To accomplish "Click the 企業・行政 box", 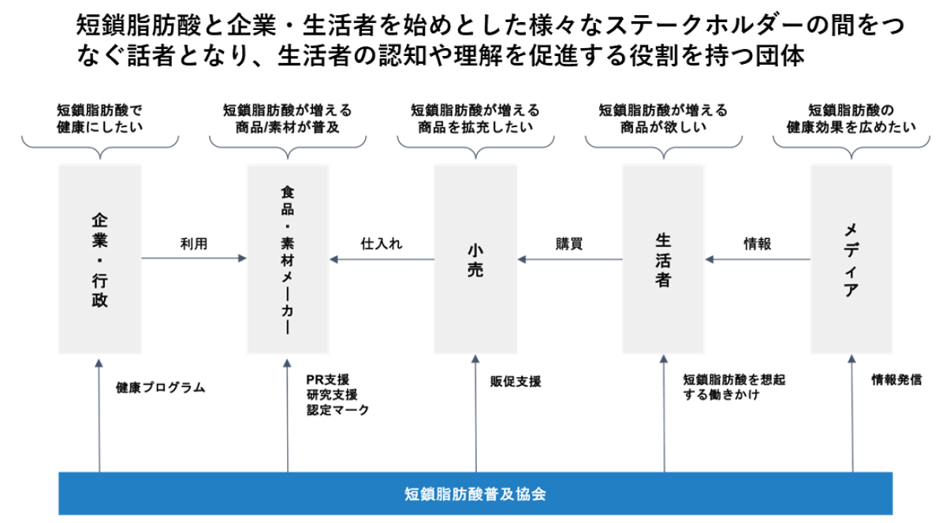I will (100, 259).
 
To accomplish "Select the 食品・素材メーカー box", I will (288, 259).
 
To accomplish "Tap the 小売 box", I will (475, 259).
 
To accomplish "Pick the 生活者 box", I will (663, 259).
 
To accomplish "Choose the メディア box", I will (851, 259).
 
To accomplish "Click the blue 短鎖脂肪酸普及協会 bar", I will (475, 495).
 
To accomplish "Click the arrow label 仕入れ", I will (382, 244).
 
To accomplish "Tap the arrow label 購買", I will (569, 244).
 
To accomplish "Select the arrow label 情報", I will (758, 244).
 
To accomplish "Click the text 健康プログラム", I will (160, 387).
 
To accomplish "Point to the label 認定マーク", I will (337, 410).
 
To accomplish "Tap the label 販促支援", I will (516, 381).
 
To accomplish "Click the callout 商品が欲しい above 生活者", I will (663, 126).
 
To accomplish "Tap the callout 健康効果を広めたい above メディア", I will (851, 126).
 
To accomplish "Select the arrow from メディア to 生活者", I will (758, 259).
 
